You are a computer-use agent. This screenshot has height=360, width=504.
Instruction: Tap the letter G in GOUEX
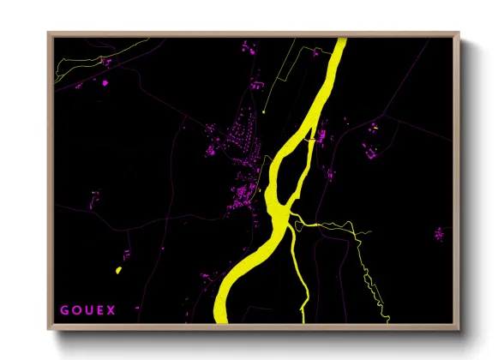click(x=64, y=309)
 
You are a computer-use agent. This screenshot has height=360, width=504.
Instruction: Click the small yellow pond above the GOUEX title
click(x=118, y=271)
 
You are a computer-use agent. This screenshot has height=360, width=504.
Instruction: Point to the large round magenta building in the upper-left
click(x=105, y=84)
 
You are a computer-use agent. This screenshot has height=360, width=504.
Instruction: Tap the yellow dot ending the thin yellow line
click(x=265, y=111)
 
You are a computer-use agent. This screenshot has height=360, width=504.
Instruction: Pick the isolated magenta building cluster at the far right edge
click(x=439, y=233)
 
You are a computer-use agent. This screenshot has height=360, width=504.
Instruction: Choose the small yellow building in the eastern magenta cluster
click(x=374, y=128)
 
